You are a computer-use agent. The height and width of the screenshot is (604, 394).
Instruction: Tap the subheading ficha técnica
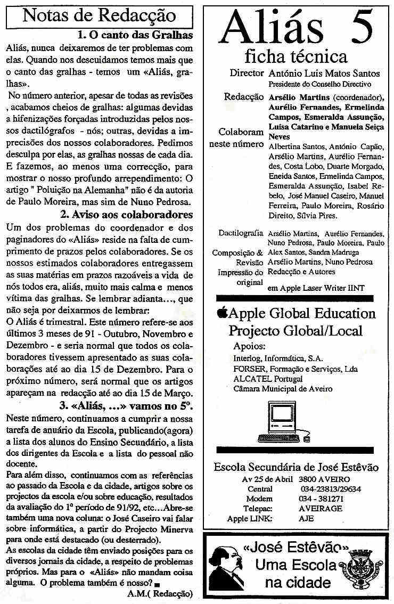[x=296, y=56]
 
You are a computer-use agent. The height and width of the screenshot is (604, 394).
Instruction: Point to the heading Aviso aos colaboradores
[x=126, y=215]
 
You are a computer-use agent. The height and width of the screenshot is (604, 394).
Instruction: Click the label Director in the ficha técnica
[x=247, y=73]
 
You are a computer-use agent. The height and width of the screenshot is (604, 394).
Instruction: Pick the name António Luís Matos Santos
[x=325, y=74]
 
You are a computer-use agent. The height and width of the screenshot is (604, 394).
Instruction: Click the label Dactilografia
[x=241, y=233]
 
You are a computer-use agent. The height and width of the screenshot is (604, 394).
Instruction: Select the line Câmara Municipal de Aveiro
[x=283, y=388]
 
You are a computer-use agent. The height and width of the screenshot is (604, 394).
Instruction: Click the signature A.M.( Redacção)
[x=160, y=593]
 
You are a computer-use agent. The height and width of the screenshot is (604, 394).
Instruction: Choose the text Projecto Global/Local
[x=295, y=330]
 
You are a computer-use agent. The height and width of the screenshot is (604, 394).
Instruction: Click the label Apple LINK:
[x=250, y=518]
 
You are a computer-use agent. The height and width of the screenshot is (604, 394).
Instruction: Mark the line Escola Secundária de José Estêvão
[x=296, y=467]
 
